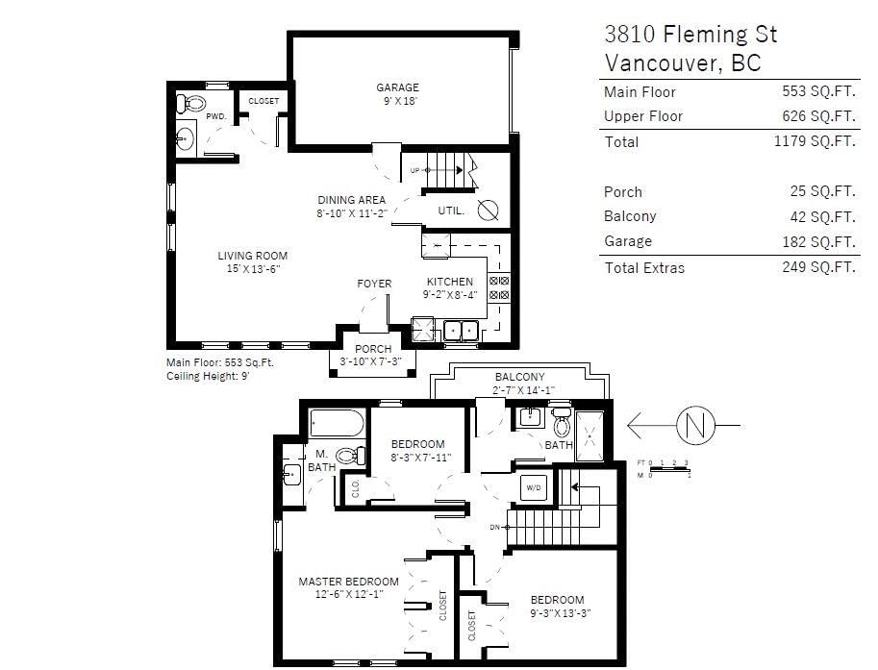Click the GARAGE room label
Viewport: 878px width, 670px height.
click(397, 87)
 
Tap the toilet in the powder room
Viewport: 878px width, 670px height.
click(190, 104)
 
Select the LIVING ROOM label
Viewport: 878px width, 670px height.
click(253, 256)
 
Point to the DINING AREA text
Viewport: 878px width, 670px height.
click(352, 200)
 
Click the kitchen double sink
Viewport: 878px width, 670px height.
click(461, 331)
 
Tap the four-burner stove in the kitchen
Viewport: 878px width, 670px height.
click(499, 287)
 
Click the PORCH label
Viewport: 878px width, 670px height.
click(373, 349)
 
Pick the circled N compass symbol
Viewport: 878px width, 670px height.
click(695, 426)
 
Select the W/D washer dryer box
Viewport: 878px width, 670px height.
click(534, 487)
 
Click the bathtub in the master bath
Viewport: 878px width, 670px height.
click(338, 423)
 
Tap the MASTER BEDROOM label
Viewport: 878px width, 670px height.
click(348, 582)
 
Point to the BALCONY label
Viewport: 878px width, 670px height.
click(519, 377)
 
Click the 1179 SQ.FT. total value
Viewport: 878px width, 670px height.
click(815, 141)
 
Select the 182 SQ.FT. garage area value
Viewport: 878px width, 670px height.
click(818, 242)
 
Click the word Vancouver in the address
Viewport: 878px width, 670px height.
click(664, 62)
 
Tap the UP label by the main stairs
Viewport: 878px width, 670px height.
click(414, 170)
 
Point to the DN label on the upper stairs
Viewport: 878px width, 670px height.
click(495, 528)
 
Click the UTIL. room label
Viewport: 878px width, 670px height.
click(451, 211)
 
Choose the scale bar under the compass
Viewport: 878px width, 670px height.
click(669, 469)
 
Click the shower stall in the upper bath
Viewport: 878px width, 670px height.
click(590, 436)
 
